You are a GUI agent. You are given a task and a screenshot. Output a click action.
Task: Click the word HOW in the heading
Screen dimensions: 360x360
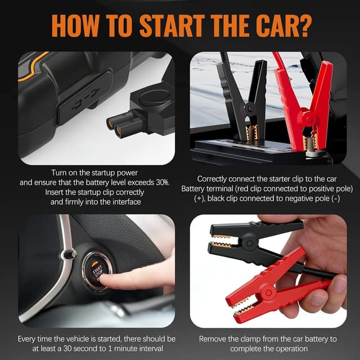(75, 25)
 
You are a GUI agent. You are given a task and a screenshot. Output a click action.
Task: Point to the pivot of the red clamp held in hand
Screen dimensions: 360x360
(268, 293)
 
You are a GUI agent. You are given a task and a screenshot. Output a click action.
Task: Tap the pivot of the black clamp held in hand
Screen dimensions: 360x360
(250, 244)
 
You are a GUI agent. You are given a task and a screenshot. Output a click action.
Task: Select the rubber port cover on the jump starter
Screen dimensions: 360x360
(84, 98)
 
